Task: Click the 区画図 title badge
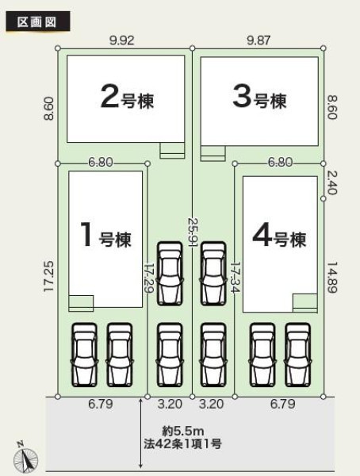[37, 21]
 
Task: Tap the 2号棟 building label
[127, 97]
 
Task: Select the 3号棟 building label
[259, 97]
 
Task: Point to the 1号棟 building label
[105, 236]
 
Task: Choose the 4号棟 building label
[279, 236]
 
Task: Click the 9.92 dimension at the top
[122, 40]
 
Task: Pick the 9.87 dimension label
[259, 40]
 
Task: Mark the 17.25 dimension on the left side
[49, 276]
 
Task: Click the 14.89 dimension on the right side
[332, 278]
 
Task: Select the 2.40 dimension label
[332, 182]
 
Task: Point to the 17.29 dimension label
[149, 278]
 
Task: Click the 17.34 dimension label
[236, 278]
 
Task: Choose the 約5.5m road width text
[183, 431]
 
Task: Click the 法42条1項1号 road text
[182, 444]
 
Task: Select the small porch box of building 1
[81, 303]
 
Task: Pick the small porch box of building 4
[305, 303]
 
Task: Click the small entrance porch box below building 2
[172, 150]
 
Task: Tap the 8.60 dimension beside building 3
[332, 107]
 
